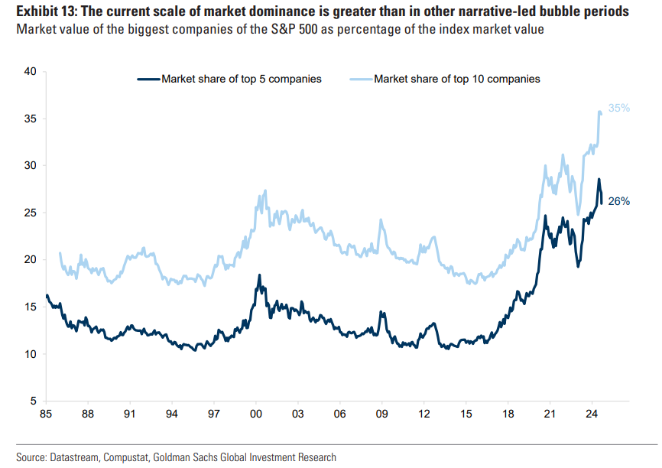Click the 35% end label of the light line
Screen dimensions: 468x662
619,109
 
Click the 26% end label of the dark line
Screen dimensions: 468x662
619,202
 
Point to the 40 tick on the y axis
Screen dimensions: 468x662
31,71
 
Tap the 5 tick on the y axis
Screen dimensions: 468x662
34,401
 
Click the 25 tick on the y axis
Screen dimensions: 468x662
31,213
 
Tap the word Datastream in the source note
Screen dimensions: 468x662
74,457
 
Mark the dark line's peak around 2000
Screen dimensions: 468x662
259,275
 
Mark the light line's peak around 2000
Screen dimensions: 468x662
265,190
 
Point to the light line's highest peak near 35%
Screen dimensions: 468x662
599,112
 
